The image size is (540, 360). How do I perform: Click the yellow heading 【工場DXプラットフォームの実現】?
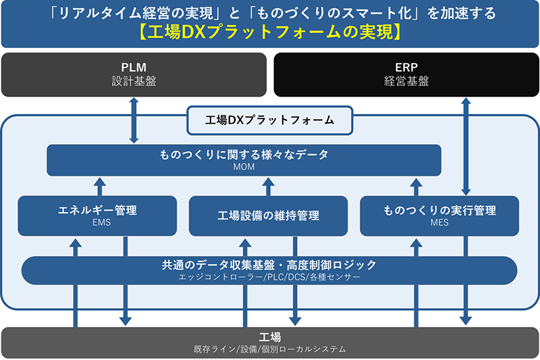tap(270, 32)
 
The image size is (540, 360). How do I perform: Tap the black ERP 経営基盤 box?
tap(406, 74)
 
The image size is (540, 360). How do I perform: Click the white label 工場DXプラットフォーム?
tap(270, 120)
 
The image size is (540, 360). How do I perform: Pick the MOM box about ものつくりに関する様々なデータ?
tap(244, 160)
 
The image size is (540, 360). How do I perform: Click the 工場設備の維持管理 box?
tap(269, 215)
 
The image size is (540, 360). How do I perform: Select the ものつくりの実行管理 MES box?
tap(439, 215)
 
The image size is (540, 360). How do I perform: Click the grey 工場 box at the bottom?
tap(270, 342)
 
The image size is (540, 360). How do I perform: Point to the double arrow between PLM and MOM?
tap(134, 120)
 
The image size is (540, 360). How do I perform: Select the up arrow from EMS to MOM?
tap(99, 186)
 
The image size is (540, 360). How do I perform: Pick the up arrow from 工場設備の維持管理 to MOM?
tap(269, 186)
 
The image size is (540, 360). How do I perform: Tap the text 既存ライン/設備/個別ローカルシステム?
tap(270, 349)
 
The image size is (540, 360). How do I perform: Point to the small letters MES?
tap(439, 222)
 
